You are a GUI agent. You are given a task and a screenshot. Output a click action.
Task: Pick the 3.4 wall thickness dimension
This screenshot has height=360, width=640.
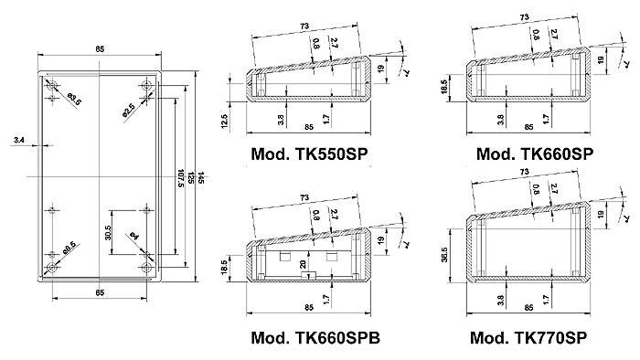point(20,140)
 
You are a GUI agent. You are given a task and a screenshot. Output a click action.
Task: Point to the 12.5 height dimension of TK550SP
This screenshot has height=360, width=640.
point(237,121)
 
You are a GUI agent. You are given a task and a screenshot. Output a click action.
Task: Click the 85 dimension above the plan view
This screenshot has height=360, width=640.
point(99,49)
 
